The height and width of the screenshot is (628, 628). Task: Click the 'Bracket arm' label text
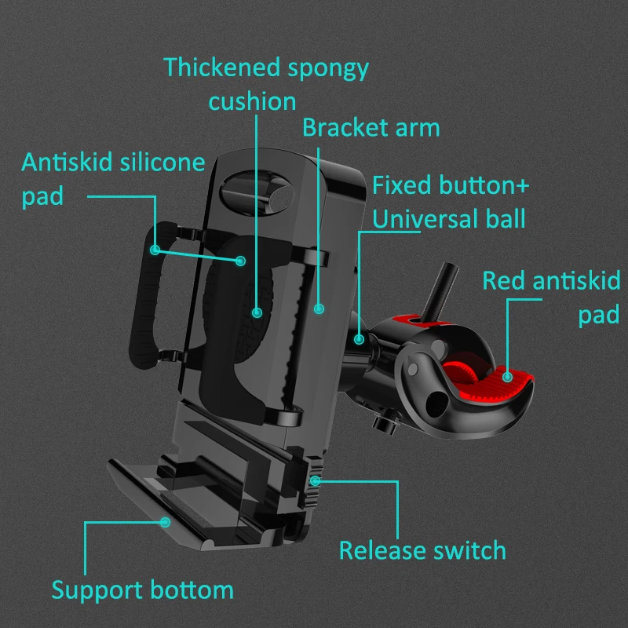371,128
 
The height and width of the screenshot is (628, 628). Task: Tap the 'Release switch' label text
422,550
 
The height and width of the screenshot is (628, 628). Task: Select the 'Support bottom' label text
143,591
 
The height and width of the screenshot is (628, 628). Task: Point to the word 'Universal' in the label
425,219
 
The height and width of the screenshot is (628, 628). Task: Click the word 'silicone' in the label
162,162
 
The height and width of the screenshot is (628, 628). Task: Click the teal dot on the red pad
507,377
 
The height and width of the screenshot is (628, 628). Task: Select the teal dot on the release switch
316,480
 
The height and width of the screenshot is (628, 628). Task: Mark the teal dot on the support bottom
165,522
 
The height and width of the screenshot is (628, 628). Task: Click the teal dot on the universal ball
359,340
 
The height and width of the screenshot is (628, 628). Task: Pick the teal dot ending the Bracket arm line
319,309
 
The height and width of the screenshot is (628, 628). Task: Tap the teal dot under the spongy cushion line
257,312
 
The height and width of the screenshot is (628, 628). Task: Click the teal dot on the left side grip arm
155,250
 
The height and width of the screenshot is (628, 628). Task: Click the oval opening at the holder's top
257,193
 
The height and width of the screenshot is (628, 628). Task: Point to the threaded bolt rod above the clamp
440,290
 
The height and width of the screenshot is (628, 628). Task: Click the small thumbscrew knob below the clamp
386,421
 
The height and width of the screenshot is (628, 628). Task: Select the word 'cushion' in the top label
252,102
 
